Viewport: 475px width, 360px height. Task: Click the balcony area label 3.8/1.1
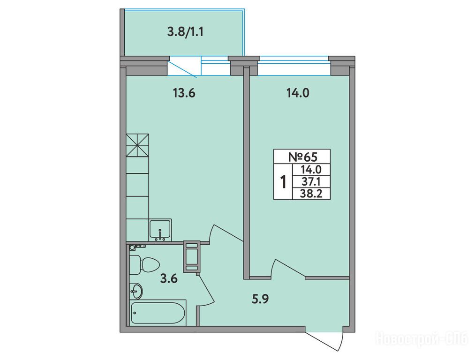click(x=185, y=32)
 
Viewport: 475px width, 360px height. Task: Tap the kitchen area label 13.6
click(x=184, y=93)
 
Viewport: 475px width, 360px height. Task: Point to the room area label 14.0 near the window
click(x=298, y=93)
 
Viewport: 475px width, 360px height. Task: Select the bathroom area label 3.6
click(x=169, y=278)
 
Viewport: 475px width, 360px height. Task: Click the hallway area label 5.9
click(x=261, y=299)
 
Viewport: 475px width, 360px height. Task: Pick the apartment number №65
click(x=302, y=157)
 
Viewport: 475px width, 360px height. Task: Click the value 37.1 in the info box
click(x=311, y=182)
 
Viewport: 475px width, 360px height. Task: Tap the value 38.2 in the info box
click(x=311, y=194)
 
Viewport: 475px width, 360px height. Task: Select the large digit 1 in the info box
click(x=284, y=182)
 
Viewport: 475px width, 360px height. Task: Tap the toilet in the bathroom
click(x=144, y=264)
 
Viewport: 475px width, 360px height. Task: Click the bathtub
click(x=158, y=313)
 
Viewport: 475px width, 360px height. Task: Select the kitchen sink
click(x=160, y=230)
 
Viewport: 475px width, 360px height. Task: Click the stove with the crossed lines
click(x=137, y=145)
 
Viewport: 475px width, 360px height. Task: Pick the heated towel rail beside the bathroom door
click(x=191, y=256)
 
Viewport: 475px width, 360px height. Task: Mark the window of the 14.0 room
click(x=294, y=66)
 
